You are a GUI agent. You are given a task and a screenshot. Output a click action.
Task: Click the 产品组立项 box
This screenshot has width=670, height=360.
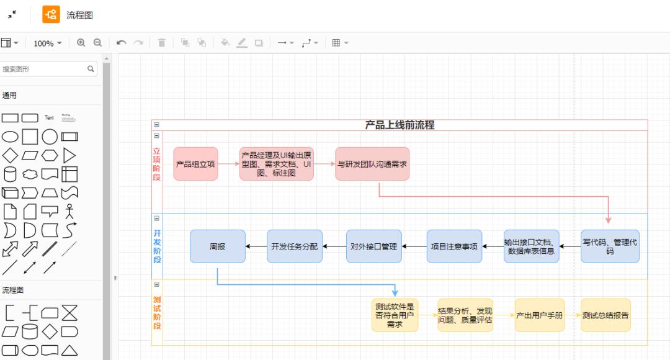195,164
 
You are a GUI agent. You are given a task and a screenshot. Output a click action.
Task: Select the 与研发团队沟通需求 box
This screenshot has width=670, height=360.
372,164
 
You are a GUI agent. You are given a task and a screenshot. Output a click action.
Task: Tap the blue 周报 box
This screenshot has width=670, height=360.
217,246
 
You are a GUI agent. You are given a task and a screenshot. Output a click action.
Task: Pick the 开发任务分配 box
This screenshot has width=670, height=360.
295,246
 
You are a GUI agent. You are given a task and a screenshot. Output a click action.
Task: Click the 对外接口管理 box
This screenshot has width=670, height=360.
373,246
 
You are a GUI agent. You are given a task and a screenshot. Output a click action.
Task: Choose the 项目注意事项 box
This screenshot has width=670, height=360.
454,246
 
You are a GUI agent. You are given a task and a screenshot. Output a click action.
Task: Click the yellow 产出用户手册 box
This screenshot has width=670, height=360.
540,315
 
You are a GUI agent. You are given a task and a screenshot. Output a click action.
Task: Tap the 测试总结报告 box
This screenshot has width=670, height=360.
605,315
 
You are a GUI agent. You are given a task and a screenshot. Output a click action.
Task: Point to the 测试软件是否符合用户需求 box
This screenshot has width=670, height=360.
395,315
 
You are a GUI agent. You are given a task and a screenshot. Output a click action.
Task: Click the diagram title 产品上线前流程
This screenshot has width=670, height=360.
400,125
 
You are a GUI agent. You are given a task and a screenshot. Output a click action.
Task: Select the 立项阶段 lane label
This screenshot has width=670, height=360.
157,164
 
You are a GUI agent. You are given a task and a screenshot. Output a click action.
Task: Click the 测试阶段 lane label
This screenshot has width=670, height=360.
157,313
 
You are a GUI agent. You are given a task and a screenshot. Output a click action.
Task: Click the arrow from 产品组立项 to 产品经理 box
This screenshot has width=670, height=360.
228,164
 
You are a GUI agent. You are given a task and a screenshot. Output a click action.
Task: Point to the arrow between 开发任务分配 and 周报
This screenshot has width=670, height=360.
256,246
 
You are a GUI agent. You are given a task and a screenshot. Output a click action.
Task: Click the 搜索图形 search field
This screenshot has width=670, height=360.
43,69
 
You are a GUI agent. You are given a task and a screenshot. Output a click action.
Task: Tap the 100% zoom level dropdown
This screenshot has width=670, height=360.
48,43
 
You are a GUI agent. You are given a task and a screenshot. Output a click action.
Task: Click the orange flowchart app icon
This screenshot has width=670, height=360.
51,14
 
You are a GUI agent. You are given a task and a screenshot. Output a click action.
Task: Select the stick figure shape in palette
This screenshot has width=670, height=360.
69,212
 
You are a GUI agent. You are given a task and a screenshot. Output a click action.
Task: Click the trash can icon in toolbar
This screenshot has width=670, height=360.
162,43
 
